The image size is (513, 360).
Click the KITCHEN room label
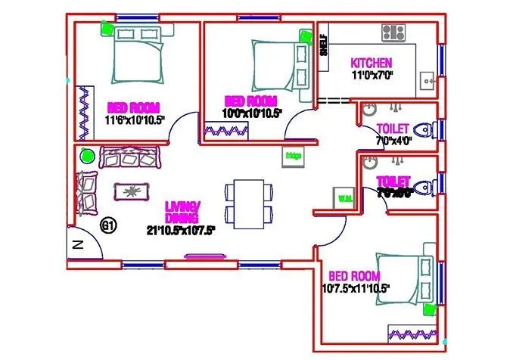(371, 62)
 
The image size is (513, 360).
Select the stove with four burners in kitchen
(393, 32)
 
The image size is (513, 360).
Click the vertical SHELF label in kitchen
(323, 45)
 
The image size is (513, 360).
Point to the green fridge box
(293, 156)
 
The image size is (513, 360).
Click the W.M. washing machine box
(344, 198)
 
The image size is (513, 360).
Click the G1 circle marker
(108, 225)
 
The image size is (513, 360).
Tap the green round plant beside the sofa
(86, 157)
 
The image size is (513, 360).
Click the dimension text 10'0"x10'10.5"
(252, 113)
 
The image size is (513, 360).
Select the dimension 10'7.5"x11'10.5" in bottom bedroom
(355, 288)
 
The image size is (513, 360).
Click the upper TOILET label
(392, 129)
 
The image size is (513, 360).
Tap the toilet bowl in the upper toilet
(427, 130)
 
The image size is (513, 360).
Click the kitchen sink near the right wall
(427, 78)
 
